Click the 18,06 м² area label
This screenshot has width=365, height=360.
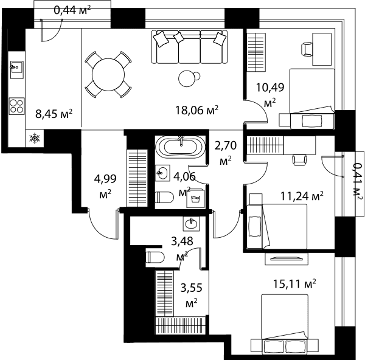[x=196, y=110]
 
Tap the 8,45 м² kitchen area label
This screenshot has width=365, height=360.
[x=54, y=114]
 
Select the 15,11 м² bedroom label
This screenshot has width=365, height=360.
[x=294, y=284]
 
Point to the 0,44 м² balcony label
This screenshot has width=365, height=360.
[x=72, y=10]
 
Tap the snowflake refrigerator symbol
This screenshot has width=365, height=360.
[x=35, y=138]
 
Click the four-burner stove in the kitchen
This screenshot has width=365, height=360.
[x=17, y=106]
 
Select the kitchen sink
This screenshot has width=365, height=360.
[x=17, y=67]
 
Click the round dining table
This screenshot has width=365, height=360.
[x=108, y=75]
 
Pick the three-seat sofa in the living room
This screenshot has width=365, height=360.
[x=189, y=47]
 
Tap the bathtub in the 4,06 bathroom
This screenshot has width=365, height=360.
[x=181, y=147]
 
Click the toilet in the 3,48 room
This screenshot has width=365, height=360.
[x=155, y=257]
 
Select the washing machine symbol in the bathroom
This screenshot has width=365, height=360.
[x=195, y=198]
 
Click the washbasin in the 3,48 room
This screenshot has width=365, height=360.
[x=191, y=224]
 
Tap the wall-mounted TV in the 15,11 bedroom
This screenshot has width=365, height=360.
[x=287, y=258]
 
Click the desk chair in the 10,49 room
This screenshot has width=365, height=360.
[x=307, y=49]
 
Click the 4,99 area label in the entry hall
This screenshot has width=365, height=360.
[x=105, y=186]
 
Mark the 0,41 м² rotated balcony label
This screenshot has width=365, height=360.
[x=357, y=182]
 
